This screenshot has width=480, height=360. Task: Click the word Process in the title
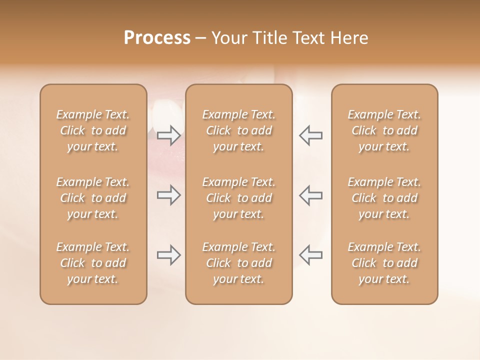tap(157, 38)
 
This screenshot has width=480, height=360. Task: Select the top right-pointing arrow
tap(169, 135)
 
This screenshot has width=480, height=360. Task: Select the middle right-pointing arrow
tap(169, 195)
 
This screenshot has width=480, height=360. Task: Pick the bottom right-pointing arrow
tap(169, 255)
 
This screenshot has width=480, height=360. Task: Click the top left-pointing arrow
tap(310, 135)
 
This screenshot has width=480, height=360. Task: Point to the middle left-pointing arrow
tap(310, 195)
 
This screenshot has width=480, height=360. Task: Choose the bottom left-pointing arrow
tap(310, 255)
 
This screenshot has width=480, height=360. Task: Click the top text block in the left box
tap(93, 130)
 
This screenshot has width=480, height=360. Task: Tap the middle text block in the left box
tap(93, 198)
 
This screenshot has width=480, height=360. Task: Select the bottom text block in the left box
tap(93, 263)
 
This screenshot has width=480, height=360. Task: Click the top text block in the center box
tap(238, 130)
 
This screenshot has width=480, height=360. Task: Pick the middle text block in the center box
tap(238, 198)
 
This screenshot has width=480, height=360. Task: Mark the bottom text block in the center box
tap(238, 263)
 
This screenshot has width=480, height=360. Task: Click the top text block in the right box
tap(384, 130)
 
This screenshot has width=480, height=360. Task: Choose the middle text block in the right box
tap(384, 198)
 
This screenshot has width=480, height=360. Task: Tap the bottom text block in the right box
tap(384, 263)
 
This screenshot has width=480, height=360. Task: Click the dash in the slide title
tap(201, 38)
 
